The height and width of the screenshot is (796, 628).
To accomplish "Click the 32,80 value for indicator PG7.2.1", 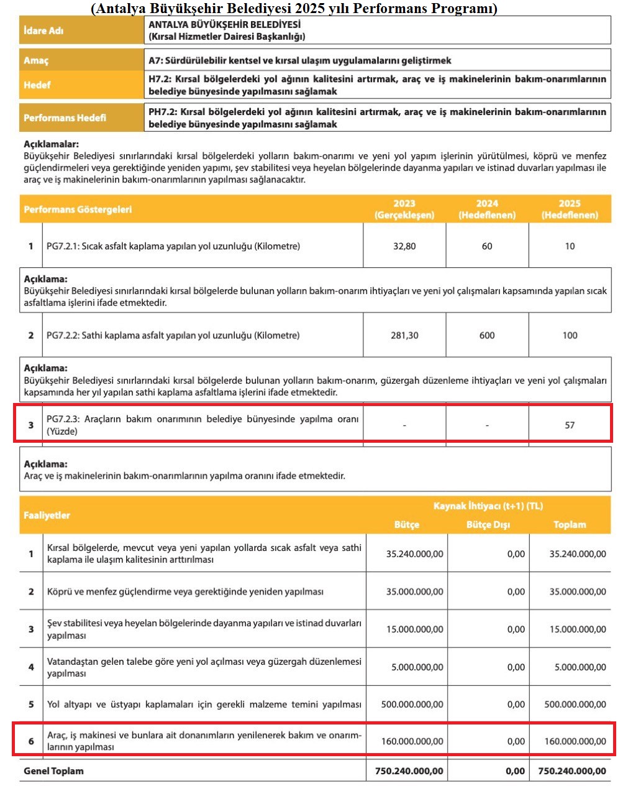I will point(404,246).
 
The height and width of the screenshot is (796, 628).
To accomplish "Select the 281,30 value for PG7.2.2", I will point(404,335).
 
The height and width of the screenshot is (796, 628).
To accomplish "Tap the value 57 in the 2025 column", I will point(570,425).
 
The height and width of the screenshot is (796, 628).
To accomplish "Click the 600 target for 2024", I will point(487,335).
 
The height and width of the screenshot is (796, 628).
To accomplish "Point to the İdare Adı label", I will point(43,30).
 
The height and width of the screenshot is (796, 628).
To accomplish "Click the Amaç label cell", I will point(36,60).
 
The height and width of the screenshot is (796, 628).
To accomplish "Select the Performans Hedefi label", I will point(65,118).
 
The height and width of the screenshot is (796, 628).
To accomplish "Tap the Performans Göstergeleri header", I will point(78,210).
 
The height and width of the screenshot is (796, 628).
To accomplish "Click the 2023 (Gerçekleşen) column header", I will point(404,209).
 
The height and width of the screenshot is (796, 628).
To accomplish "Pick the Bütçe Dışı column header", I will point(488,525).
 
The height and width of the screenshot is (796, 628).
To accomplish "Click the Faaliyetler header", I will point(47,516).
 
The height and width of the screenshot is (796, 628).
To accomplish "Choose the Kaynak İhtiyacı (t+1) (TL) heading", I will point(488,506).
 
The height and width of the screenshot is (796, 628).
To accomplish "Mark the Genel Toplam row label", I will point(53,771).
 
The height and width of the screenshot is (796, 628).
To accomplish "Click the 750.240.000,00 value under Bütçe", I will point(409,771).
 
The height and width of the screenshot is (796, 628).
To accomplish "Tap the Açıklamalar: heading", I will point(52,144).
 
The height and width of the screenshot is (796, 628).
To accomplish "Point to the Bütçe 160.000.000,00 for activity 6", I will point(412,741).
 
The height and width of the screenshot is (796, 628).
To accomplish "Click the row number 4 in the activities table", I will point(31,667).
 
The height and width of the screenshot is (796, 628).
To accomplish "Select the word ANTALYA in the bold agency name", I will point(169,25).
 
